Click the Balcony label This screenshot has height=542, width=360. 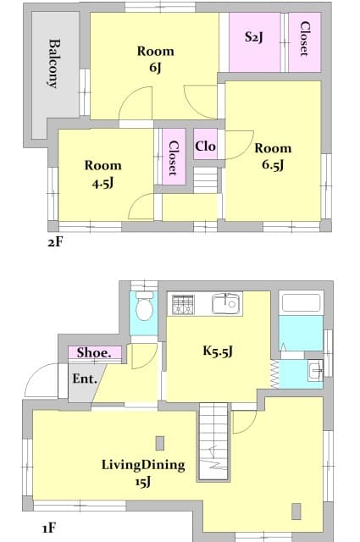[53, 64]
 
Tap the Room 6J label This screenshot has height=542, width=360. [155, 60]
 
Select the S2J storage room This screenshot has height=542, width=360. [253, 39]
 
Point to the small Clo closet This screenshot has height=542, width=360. [205, 147]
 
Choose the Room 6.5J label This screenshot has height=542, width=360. [273, 157]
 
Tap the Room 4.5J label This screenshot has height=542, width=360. [102, 174]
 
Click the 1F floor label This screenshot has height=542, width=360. [48, 528]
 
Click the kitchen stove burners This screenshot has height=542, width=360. [184, 304]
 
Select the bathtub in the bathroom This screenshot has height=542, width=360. [301, 303]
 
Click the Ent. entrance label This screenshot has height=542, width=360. [84, 379]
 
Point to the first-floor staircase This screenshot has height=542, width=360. [213, 440]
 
